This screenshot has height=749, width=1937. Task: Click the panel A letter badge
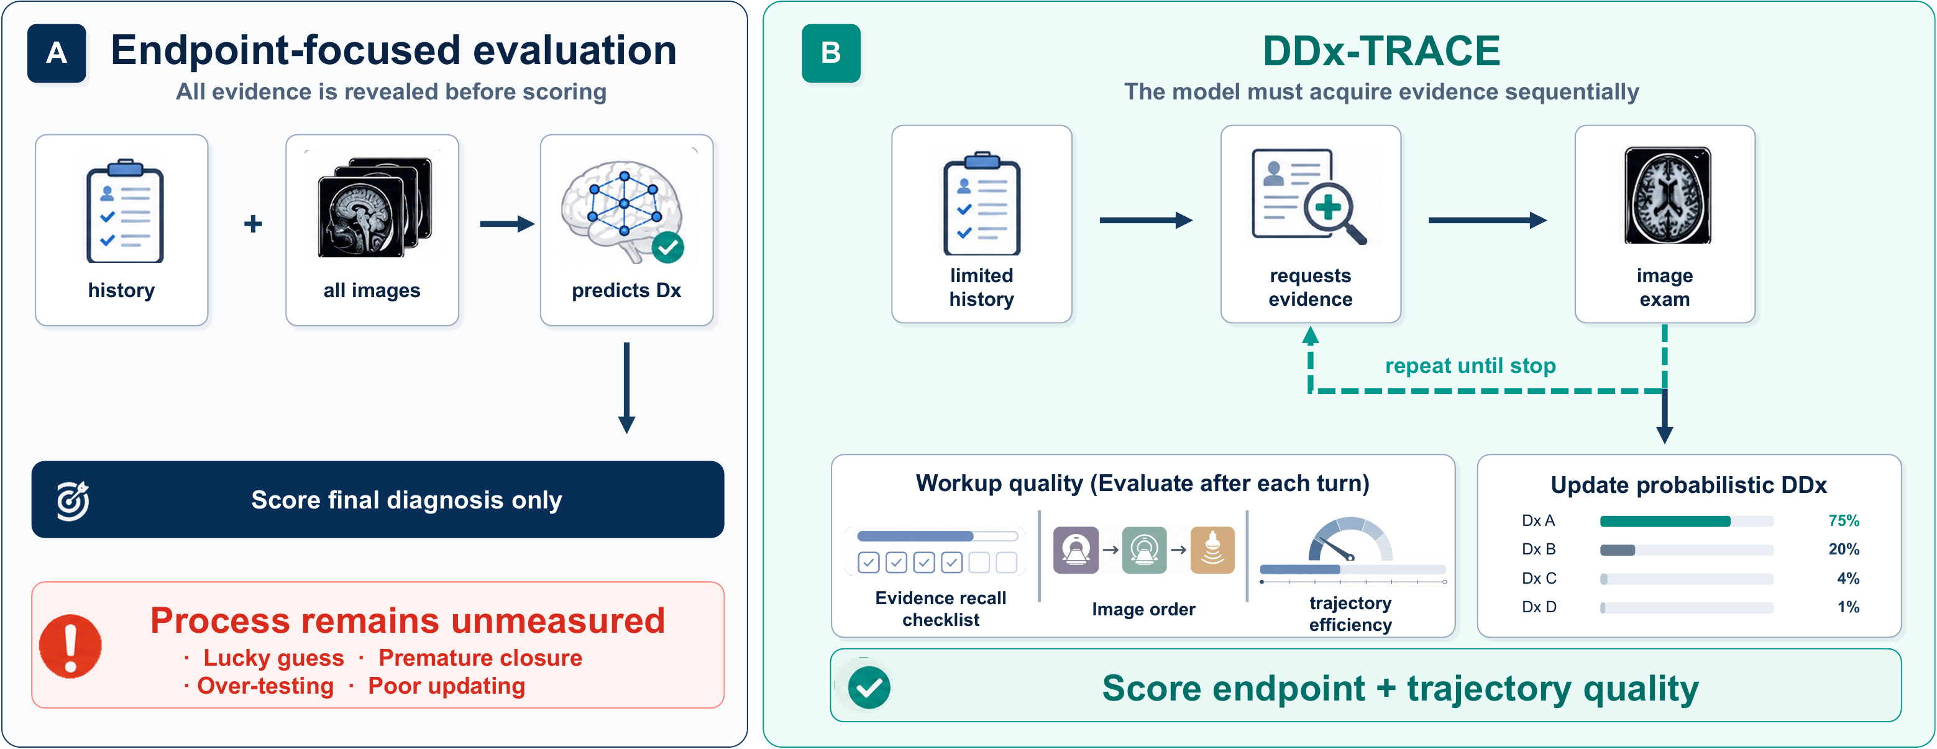point(57,53)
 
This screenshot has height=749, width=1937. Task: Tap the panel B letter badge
point(831,53)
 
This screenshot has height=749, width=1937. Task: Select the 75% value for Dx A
point(1844,520)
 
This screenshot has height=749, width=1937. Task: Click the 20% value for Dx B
point(1844,549)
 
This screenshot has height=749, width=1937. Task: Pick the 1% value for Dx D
point(1848,607)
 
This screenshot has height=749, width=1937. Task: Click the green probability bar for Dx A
point(1665,521)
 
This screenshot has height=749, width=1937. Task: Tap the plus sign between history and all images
point(254,223)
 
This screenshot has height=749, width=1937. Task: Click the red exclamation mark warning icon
point(71,646)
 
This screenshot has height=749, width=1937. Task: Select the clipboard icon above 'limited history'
point(981,204)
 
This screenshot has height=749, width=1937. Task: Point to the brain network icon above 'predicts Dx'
point(623,209)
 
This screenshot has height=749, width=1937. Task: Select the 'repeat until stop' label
point(1470,365)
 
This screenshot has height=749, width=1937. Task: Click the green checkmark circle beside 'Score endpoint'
point(869,687)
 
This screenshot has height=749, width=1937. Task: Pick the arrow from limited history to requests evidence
point(1146,220)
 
